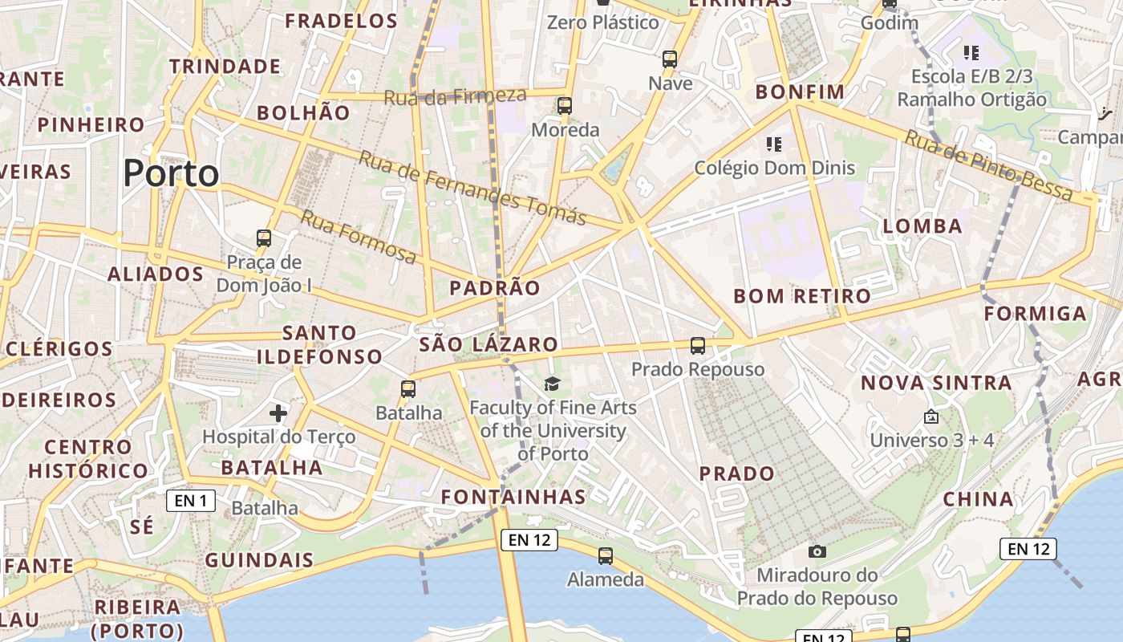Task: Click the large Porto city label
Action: tap(171, 173)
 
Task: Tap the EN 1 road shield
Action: tap(191, 502)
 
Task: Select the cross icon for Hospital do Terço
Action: tap(278, 413)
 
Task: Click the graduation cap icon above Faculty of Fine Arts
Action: tap(552, 384)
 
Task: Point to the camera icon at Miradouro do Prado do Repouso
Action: tap(817, 551)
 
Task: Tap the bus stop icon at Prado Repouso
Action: tap(698, 346)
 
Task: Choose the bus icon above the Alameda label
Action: tap(606, 555)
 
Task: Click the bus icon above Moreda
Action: tap(565, 106)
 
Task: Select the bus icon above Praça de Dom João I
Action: tap(264, 238)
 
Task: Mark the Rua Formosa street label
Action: tap(359, 237)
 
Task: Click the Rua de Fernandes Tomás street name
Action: tap(472, 188)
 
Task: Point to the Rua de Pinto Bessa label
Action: tap(988, 165)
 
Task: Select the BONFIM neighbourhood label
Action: tap(800, 92)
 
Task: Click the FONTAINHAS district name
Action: tap(513, 497)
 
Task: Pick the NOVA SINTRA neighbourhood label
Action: tap(936, 383)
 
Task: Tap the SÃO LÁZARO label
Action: tap(488, 344)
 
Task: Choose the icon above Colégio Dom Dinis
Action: tap(774, 144)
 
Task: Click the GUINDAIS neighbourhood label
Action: tap(259, 560)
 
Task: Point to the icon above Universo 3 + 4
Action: tap(931, 417)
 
